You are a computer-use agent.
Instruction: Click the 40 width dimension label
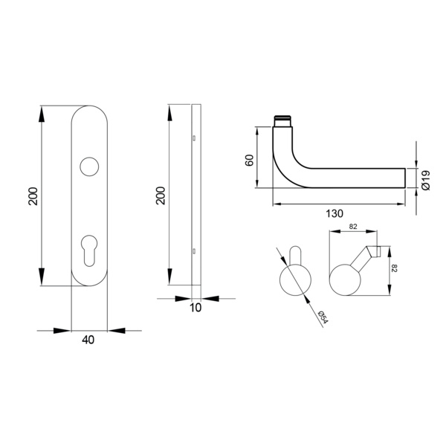88,340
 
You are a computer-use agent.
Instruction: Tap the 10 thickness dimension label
195,308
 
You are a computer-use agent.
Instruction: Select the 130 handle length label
334,213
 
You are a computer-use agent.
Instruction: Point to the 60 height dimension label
249,160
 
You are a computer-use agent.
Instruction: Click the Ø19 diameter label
426,181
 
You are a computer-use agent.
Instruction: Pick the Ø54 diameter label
323,317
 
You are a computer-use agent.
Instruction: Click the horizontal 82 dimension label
353,227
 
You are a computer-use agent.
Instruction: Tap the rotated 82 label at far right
394,268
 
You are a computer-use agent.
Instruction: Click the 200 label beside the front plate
33,196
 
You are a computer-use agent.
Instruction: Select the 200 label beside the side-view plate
161,195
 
